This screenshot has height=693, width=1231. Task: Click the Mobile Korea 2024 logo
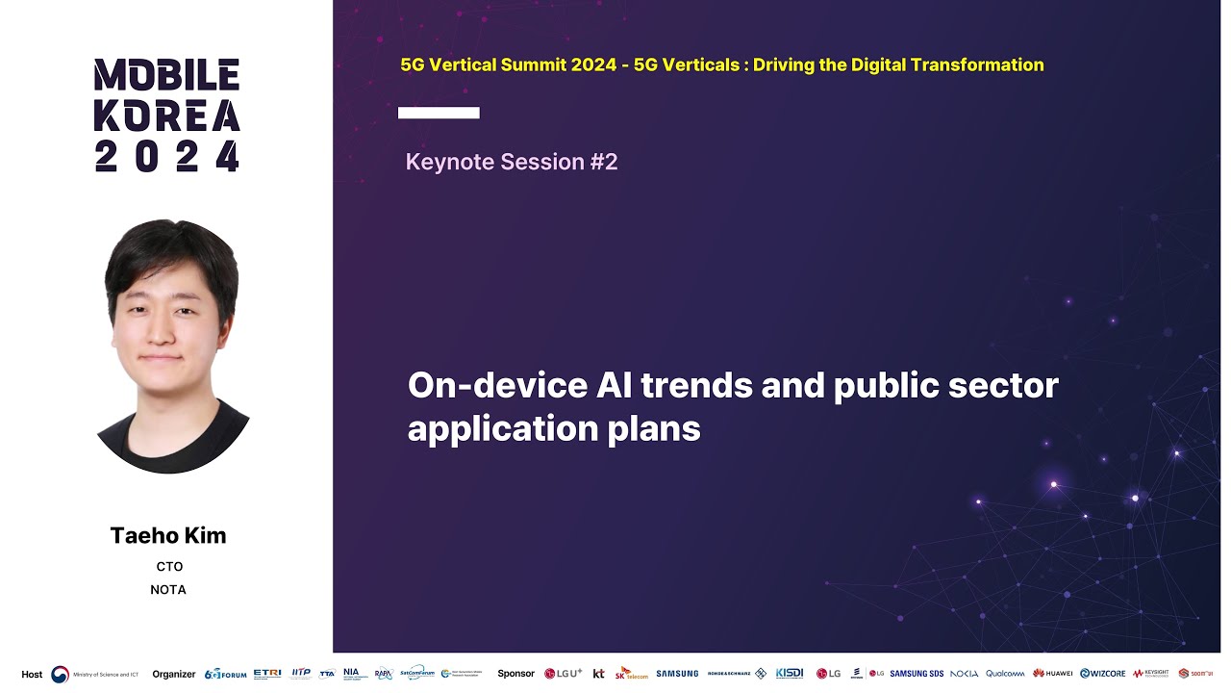coord(166,115)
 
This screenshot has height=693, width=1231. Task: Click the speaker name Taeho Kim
coord(168,536)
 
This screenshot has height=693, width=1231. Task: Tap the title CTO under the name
coord(169,567)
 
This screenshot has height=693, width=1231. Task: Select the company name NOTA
coord(168,589)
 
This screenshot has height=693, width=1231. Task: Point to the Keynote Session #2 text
coord(512,162)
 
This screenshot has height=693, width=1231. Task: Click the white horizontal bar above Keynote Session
coord(439,113)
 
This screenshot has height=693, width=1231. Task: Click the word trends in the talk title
coord(696,386)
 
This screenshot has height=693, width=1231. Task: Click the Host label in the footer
coord(32,674)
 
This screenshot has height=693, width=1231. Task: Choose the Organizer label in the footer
coord(174,674)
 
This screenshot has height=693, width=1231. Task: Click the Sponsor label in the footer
coord(515,674)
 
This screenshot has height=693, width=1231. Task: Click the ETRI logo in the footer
coord(267,674)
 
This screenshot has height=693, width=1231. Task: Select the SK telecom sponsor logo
coord(632,674)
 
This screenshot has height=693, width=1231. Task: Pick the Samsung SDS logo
coord(917,674)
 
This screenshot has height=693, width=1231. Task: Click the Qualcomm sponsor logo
coord(1005,674)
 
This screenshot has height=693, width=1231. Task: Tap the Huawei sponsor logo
coord(1053,674)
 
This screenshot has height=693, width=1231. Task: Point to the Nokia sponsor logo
coord(964,674)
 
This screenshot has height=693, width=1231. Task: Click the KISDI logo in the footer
coord(790,674)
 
